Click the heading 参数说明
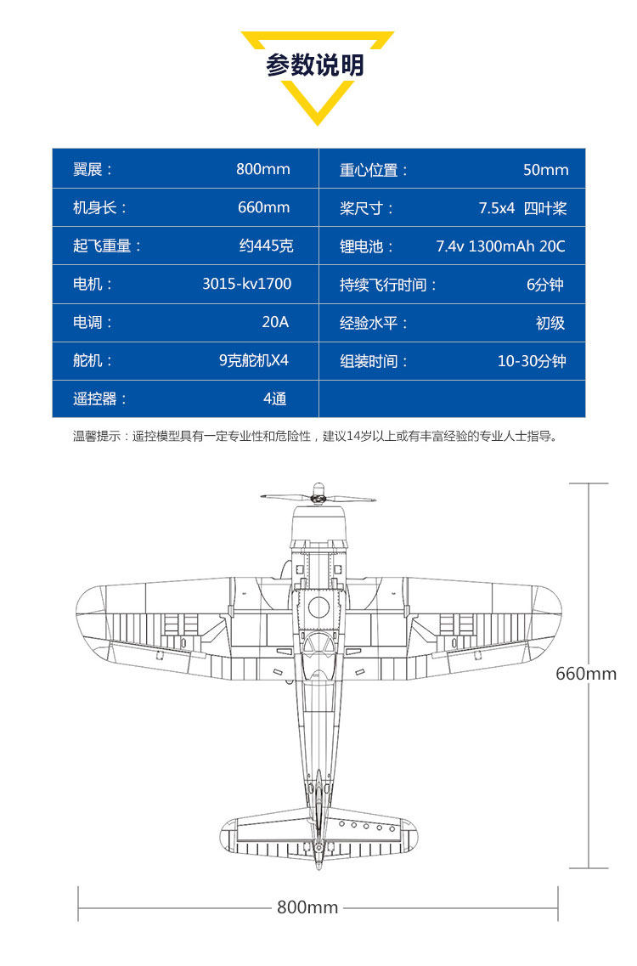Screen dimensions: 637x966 (x=315, y=65)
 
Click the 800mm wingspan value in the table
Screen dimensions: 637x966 (x=263, y=169)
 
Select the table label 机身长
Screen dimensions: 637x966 (x=95, y=207)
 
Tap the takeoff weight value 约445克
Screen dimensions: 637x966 (x=266, y=246)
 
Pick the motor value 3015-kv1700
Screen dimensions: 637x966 (x=247, y=284)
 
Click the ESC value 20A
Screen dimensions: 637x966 (x=275, y=322)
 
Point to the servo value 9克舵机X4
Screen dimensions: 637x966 (x=254, y=360)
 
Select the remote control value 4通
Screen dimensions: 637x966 (x=275, y=398)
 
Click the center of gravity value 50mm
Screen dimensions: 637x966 (x=546, y=169)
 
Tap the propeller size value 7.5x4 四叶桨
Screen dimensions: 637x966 (x=522, y=208)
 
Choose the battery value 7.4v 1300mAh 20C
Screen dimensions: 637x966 (x=500, y=246)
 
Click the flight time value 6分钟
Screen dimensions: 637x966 (x=544, y=285)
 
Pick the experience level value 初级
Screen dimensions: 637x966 (x=550, y=323)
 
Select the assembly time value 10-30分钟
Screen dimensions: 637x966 (x=532, y=361)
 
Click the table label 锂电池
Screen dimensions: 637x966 (x=362, y=246)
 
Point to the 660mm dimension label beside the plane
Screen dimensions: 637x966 (x=586, y=674)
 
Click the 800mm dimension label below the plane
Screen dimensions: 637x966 (x=307, y=907)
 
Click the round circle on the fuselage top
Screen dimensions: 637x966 (x=318, y=607)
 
